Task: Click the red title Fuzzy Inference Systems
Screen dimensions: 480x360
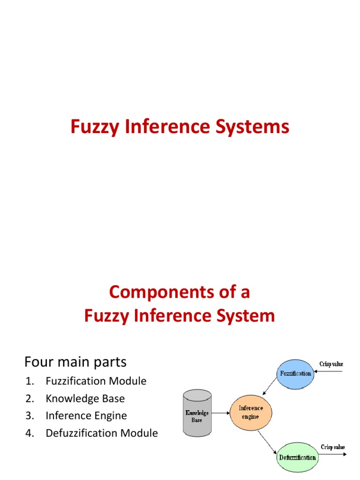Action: coord(180,127)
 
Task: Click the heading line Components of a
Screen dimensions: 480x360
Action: coord(180,292)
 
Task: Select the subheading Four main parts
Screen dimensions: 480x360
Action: coord(75,362)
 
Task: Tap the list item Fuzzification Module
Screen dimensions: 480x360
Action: coord(96,381)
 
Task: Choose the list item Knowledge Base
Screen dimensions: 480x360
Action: coord(85,398)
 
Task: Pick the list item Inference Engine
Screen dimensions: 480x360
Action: coord(86,416)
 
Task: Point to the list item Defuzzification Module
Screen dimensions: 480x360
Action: coord(102,433)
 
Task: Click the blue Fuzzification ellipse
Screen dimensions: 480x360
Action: coord(295,374)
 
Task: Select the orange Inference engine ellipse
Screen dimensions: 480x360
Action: coord(251,412)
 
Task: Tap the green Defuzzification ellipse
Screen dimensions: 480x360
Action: coord(297,457)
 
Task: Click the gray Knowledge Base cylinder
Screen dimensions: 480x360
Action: coord(196,413)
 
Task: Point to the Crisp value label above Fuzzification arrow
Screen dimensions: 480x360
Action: coord(332,364)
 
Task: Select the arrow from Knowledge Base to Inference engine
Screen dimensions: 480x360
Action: coord(220,413)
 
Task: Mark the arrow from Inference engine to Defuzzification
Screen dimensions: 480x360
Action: coord(268,440)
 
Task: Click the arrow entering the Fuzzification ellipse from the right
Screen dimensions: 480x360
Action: coord(330,372)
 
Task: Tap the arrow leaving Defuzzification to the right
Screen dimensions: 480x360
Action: coord(332,454)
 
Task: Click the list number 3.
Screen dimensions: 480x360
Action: coord(30,416)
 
